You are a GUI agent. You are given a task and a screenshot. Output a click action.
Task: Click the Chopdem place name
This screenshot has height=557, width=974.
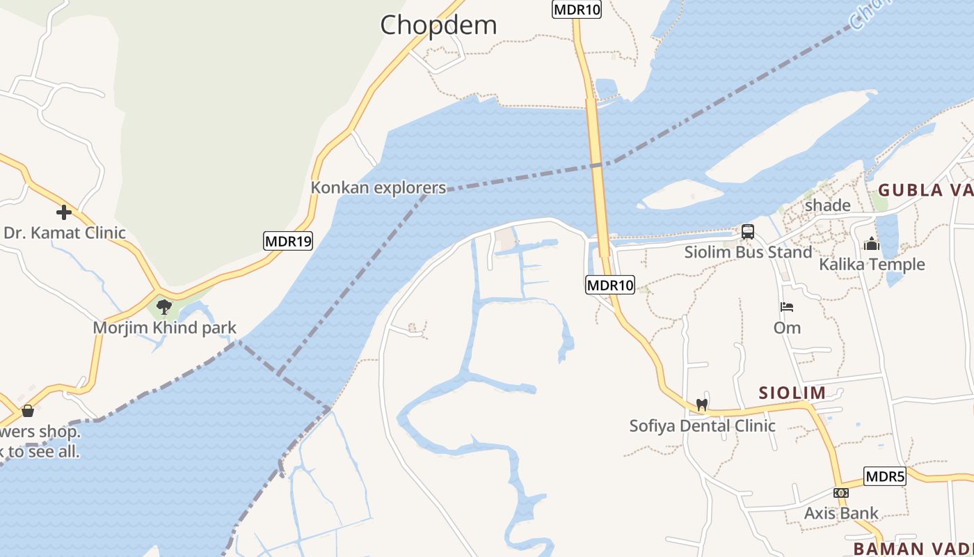coord(438,26)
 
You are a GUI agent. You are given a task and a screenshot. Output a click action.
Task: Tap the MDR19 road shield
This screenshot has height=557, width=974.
coord(288,242)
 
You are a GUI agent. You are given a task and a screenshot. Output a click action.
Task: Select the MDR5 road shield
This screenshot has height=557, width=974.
coord(885,476)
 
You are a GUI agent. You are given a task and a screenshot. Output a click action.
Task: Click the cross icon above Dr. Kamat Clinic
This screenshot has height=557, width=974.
coord(64,212)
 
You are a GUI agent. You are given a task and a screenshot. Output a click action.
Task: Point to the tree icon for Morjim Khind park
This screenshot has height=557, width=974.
coord(164,306)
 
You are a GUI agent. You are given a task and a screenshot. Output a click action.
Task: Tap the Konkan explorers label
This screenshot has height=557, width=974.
coord(378,187)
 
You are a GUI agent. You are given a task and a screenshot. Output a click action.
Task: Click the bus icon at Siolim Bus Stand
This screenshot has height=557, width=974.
coord(748,232)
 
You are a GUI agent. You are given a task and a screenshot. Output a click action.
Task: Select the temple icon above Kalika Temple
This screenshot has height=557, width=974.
coord(871,244)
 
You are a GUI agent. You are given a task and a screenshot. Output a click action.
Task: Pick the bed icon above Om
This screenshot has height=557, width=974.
coord(787,307)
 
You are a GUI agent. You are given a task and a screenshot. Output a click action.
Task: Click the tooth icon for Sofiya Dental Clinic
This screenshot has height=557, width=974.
coord(701,405)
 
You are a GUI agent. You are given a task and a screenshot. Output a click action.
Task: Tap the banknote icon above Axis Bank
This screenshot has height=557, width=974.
coord(840,493)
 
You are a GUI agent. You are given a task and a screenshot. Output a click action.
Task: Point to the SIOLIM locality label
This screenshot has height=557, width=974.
coord(792,393)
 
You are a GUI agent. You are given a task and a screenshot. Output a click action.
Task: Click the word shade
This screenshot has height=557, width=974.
coord(827,205)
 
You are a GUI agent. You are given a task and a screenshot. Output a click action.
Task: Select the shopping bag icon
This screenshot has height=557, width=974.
coord(28,411)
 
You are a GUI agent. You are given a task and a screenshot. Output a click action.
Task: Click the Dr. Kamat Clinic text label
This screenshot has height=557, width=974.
coord(65,233)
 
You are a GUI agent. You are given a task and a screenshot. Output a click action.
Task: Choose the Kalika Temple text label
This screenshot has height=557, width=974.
coord(872,265)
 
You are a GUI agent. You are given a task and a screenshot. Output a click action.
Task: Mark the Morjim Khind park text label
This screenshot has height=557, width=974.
coord(165,327)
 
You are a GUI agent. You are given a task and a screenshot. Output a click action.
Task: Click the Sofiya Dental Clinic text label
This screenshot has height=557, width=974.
coord(702,425)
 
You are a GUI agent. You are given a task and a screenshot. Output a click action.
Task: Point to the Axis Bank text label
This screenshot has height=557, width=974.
coord(841,513)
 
